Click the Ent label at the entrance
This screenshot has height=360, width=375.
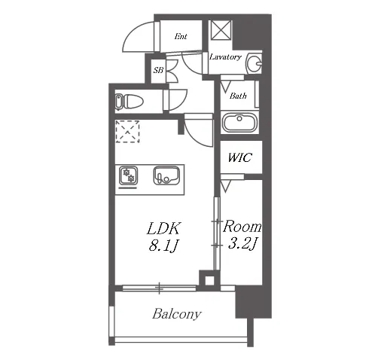[x=181, y=36]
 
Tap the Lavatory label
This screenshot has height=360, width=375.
[x=225, y=57]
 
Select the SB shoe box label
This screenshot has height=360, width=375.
[x=158, y=70]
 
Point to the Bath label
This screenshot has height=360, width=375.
[x=238, y=96]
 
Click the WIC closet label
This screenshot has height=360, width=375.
[x=239, y=157]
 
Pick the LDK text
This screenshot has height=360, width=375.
[x=163, y=228]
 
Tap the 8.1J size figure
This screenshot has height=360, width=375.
[x=163, y=246]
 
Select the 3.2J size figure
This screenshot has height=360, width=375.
[x=242, y=243]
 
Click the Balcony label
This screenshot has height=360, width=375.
[x=177, y=314]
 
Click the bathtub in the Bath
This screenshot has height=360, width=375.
[x=239, y=123]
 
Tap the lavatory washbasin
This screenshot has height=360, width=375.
[x=254, y=63]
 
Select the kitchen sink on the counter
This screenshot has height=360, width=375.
[x=166, y=175]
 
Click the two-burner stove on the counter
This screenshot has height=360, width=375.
[x=128, y=176]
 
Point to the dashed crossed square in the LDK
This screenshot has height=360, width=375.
[x=127, y=132]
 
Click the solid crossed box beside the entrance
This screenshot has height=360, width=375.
[x=221, y=30]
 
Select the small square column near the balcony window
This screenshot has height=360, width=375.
[x=209, y=280]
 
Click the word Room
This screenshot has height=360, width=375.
[x=242, y=226]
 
